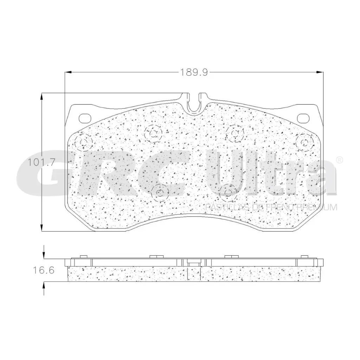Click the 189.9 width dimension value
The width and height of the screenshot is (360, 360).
(x=194, y=72)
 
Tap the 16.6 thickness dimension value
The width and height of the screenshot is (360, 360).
(x=44, y=270)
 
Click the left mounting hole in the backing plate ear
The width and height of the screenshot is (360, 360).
(x=85, y=118)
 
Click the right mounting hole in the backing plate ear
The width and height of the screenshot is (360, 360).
(x=303, y=118)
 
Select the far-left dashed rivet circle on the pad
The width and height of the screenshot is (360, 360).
(x=83, y=143)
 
